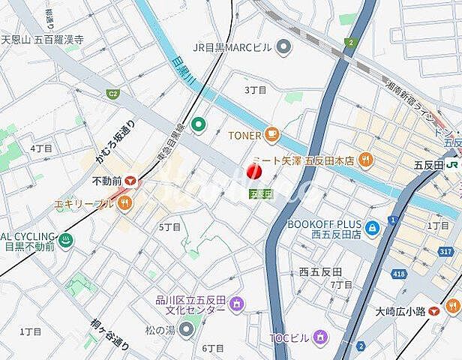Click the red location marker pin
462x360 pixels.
[253, 172]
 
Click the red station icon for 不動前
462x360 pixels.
[131, 181]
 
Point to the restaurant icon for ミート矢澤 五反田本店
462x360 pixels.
[366, 158]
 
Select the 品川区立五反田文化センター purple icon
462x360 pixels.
[236, 304]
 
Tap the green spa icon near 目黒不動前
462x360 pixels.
[65, 241]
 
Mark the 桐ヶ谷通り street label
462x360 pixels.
[110, 335]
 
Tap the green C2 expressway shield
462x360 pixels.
[113, 94]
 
